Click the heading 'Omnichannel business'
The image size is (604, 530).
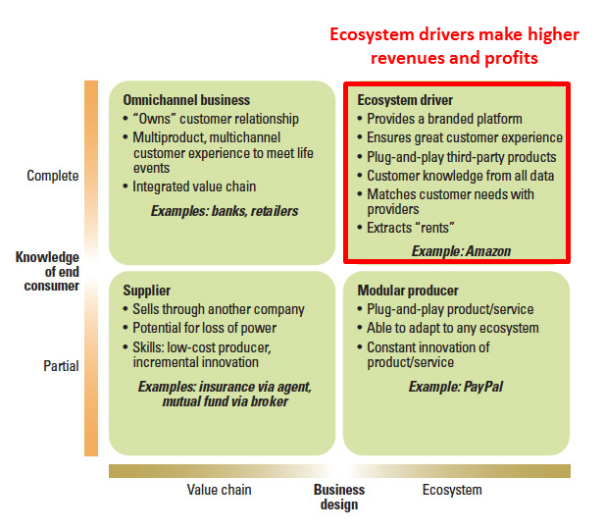click(x=186, y=100)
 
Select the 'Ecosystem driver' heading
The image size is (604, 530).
click(x=405, y=100)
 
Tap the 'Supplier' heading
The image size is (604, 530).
click(x=147, y=291)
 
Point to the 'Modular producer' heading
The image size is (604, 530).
click(x=408, y=291)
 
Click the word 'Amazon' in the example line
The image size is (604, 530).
click(x=488, y=251)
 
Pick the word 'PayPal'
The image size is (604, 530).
click(x=483, y=387)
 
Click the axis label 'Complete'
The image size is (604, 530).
click(x=53, y=176)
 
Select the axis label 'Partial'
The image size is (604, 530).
click(x=61, y=366)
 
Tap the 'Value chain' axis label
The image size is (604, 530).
click(x=220, y=490)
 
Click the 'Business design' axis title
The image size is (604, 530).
click(x=339, y=498)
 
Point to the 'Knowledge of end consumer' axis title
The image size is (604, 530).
click(x=47, y=271)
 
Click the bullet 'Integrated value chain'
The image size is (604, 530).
click(x=194, y=186)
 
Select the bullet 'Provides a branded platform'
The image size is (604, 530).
click(x=444, y=119)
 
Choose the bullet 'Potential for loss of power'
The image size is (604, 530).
click(x=205, y=328)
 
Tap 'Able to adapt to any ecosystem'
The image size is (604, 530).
click(x=453, y=328)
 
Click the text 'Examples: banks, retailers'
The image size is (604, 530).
click(x=225, y=211)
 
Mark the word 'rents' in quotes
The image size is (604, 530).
click(x=435, y=228)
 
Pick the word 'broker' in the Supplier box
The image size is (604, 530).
click(x=270, y=401)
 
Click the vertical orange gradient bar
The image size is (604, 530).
click(x=91, y=268)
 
